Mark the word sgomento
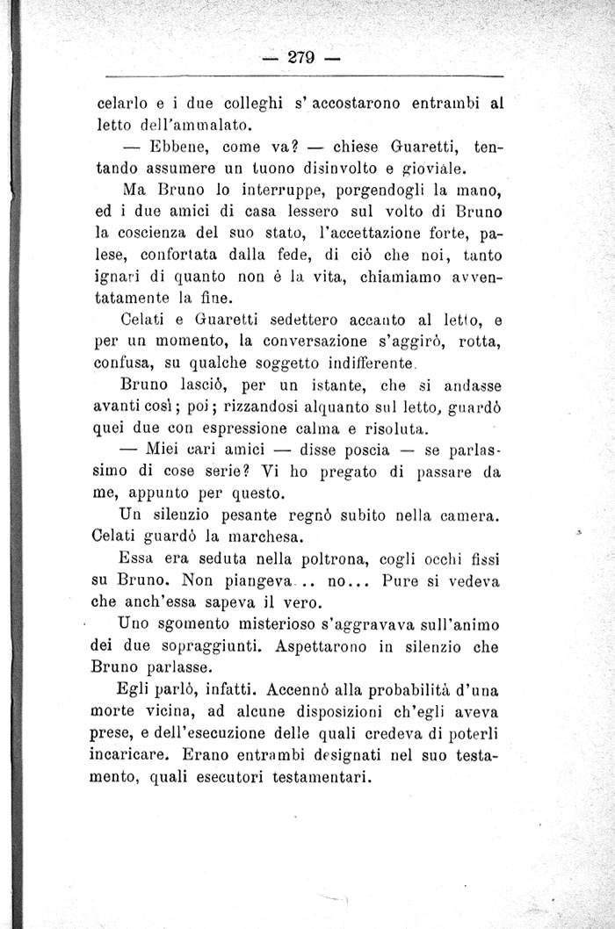tap(190, 626)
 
